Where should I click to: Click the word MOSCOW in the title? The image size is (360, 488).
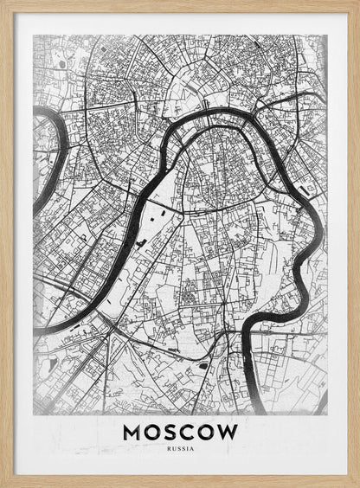point(180,431)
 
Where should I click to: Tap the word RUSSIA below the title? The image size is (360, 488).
point(180,448)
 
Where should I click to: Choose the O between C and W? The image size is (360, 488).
point(208,431)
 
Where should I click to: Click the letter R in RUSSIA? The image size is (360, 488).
point(170,448)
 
